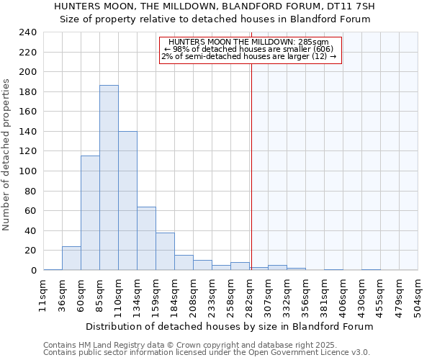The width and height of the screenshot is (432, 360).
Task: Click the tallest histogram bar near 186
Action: point(109,178)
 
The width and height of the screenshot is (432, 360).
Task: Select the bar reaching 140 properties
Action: point(127,201)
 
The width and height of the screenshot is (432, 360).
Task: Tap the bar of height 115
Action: point(90,213)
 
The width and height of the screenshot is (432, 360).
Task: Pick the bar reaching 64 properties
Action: point(146,238)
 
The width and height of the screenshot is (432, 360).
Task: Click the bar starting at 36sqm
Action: point(71,258)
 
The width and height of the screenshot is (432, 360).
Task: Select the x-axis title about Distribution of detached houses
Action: point(229,326)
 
